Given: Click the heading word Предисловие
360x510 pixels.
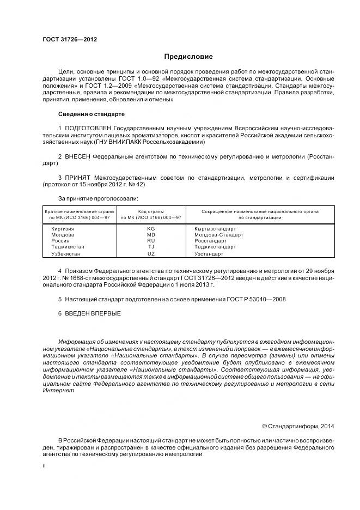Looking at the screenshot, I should pos(188,57).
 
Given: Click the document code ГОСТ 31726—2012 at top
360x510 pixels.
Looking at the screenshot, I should pos(65,39).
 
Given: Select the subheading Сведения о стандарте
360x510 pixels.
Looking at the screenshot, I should pos(91,114).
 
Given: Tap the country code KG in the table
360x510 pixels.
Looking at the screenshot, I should pos(151,229).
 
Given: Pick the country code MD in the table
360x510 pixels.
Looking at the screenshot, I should pos(151,235).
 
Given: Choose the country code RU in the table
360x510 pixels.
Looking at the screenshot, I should pos(151,241).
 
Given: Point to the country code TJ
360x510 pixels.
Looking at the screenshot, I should pos(151,247).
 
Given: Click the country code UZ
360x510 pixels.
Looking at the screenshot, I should pos(151,254).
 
